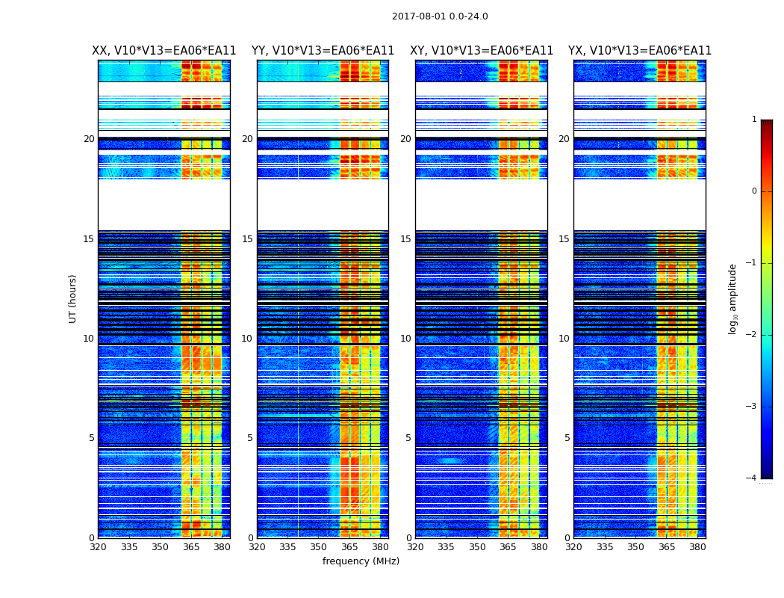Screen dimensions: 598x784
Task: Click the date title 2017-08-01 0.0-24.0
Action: [440, 16]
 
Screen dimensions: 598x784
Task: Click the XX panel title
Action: [164, 51]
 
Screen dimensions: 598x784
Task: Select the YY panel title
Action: [323, 51]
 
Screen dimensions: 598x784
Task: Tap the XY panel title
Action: [482, 51]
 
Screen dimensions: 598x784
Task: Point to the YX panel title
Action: [640, 51]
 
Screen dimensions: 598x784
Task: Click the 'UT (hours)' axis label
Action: [73, 298]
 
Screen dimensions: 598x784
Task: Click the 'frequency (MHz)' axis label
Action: [361, 561]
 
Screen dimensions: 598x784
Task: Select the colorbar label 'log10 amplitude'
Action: [733, 298]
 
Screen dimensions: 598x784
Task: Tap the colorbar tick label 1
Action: [754, 120]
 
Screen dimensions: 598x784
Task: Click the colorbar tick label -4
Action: [752, 478]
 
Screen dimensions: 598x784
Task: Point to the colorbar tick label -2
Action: [752, 335]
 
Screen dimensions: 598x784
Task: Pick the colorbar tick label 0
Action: [754, 191]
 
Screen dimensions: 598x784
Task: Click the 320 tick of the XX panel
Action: [98, 547]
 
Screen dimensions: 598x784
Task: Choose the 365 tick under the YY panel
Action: [349, 547]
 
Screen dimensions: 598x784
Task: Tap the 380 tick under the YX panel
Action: [697, 547]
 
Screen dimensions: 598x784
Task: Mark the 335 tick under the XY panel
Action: [447, 547]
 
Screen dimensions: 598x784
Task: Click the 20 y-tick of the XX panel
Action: [89, 139]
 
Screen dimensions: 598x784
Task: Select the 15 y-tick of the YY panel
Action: [247, 239]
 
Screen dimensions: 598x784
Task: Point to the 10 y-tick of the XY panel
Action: [405, 339]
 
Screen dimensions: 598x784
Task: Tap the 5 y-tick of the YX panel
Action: [567, 438]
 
